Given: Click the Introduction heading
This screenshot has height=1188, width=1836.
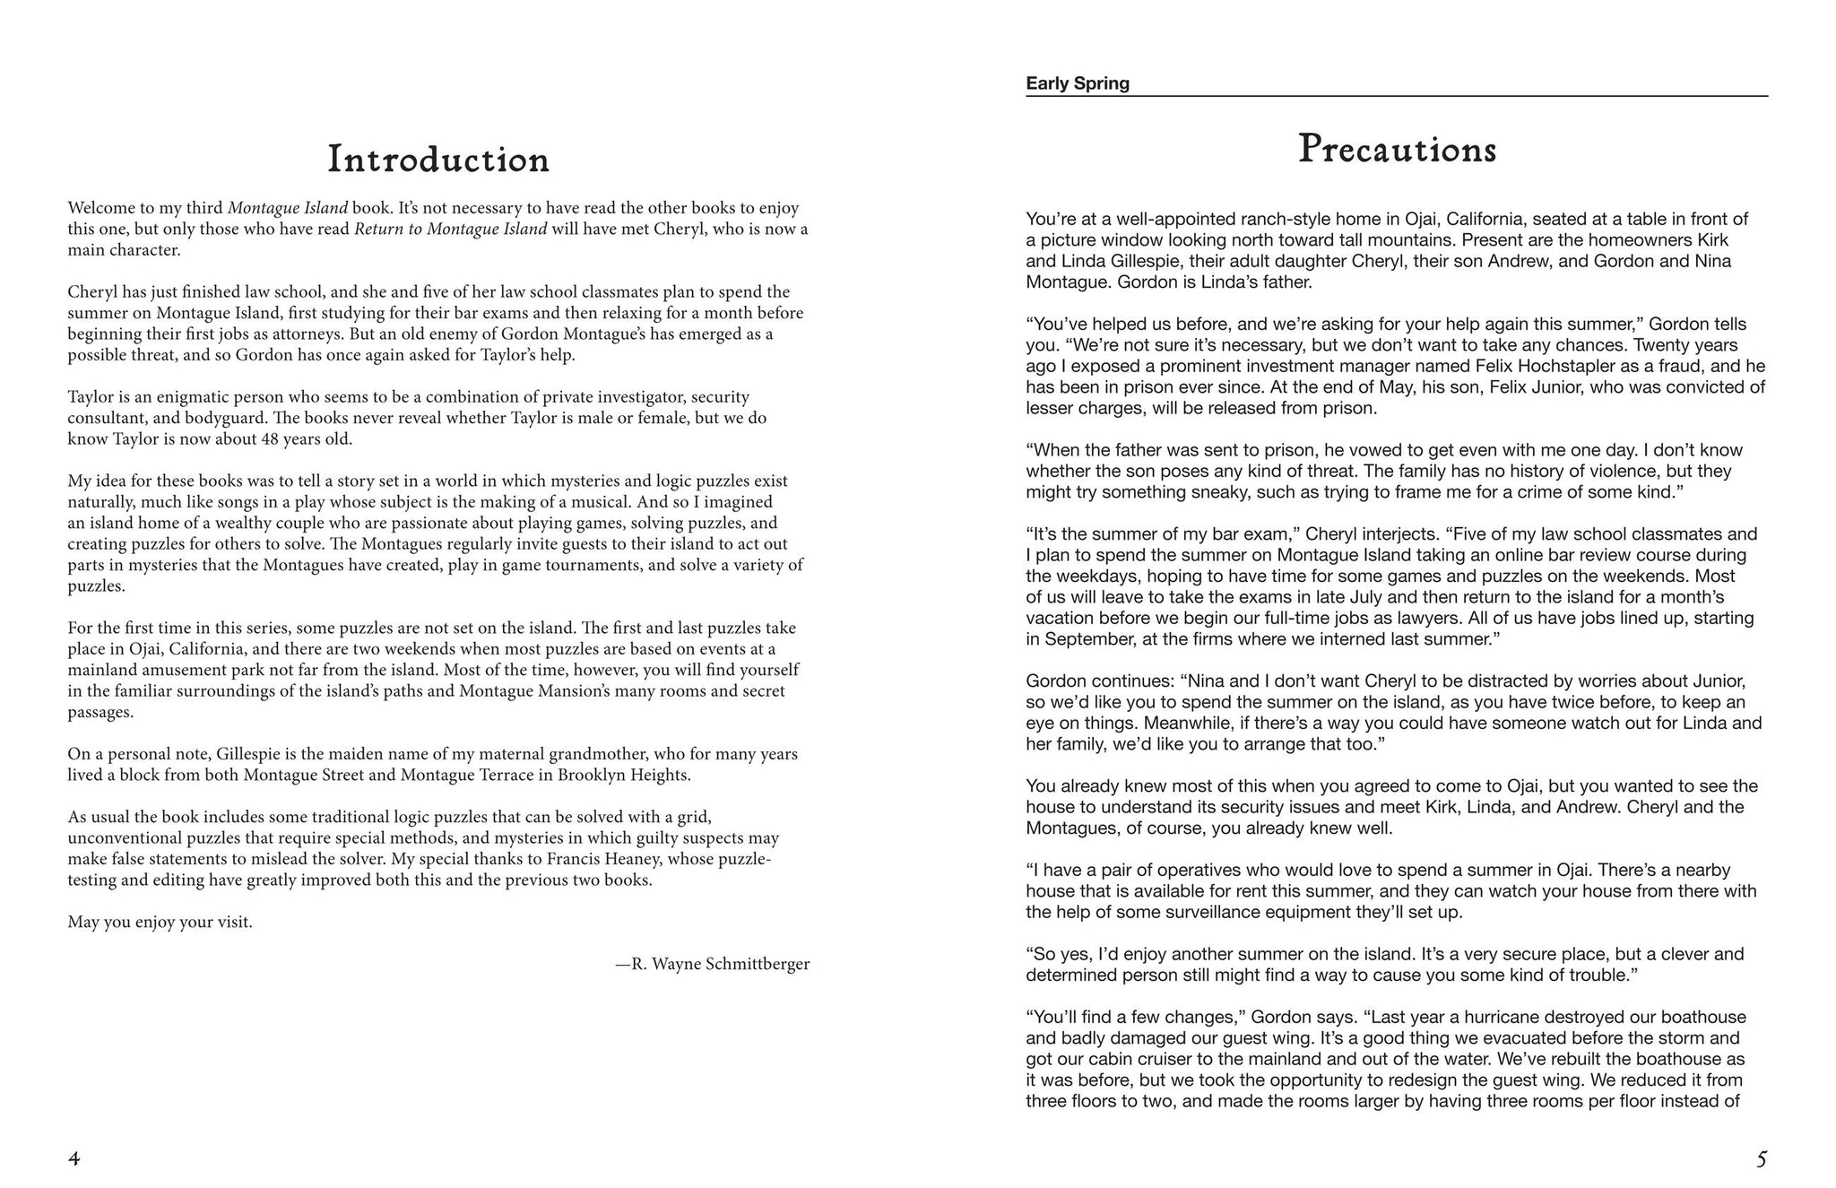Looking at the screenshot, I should (x=438, y=160).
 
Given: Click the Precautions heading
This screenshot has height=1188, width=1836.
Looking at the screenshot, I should (x=1397, y=150).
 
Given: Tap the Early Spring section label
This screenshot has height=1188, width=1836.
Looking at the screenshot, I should (x=1078, y=83).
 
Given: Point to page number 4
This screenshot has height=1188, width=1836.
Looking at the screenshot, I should (x=74, y=1159).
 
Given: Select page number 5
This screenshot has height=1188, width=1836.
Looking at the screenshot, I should (x=1761, y=1159).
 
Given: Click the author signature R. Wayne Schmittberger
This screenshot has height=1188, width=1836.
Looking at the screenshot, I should (x=713, y=965).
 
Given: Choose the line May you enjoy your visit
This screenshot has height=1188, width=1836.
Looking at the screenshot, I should (x=160, y=923).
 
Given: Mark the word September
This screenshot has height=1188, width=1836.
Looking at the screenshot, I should (x=1086, y=639).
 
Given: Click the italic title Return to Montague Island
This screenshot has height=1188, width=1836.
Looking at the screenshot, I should (x=450, y=229).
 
